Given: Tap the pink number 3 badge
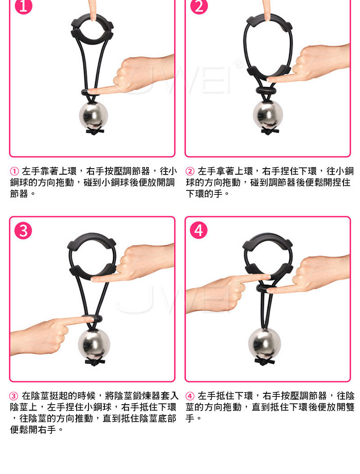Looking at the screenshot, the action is point(23,230).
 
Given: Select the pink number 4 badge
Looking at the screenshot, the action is point(199,230).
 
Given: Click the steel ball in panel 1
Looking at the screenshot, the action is point(94,116).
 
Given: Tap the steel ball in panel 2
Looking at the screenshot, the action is point(268,115).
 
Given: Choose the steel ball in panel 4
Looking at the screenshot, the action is point(264,343).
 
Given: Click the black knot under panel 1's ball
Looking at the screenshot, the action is point(95,132).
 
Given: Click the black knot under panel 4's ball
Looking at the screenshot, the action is point(264,360).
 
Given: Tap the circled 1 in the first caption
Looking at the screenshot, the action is point(14,171).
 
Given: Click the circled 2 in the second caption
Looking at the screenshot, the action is point(190,171).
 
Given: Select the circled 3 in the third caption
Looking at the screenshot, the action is point(14,396).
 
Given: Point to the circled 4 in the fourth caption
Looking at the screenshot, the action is point(190,396).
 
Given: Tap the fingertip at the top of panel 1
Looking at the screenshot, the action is point(93,17).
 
